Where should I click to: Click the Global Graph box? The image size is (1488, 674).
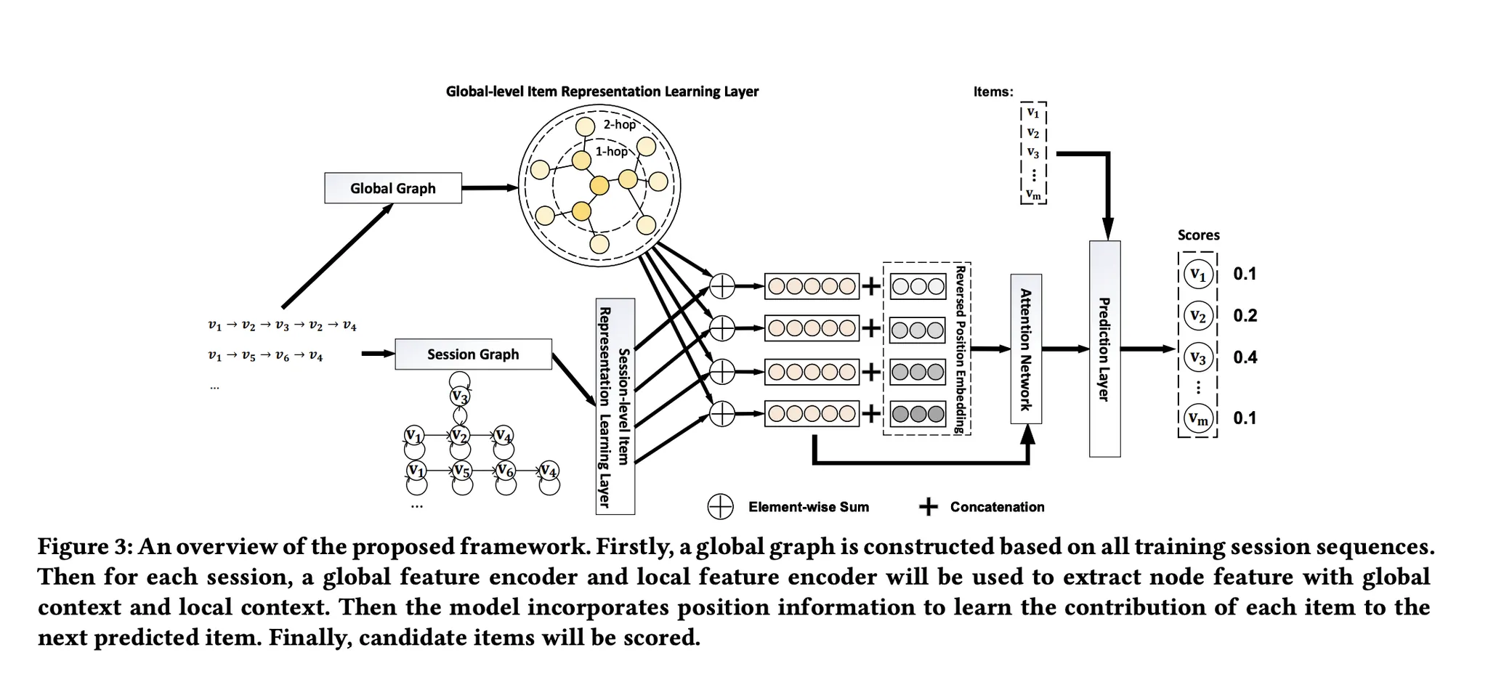coord(392,188)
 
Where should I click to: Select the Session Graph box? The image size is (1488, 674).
coord(473,354)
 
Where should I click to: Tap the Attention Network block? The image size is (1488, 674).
coord(1026,349)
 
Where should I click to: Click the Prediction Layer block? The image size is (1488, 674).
coord(1104,349)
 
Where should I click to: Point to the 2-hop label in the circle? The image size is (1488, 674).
coord(619,125)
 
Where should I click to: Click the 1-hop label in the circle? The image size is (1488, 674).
coord(611,151)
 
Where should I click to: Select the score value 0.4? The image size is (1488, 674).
coord(1245,357)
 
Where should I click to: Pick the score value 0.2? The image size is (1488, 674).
coord(1245,315)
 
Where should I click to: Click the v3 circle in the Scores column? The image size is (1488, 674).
coord(1197,357)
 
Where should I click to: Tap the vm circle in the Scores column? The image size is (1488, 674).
coord(1197,418)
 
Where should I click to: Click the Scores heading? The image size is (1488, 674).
coord(1198,235)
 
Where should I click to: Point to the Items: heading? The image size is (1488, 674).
coord(992,92)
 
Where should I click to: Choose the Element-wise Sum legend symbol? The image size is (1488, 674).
coord(720,507)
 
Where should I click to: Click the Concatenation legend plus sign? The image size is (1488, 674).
coord(928,507)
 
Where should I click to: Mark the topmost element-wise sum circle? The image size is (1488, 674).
coord(722,287)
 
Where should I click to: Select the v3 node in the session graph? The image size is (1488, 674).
coord(459,397)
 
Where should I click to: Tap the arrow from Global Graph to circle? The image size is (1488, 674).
coord(489,188)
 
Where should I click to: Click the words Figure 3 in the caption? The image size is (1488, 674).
coord(84,546)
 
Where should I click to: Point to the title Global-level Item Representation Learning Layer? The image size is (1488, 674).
coord(602,92)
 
